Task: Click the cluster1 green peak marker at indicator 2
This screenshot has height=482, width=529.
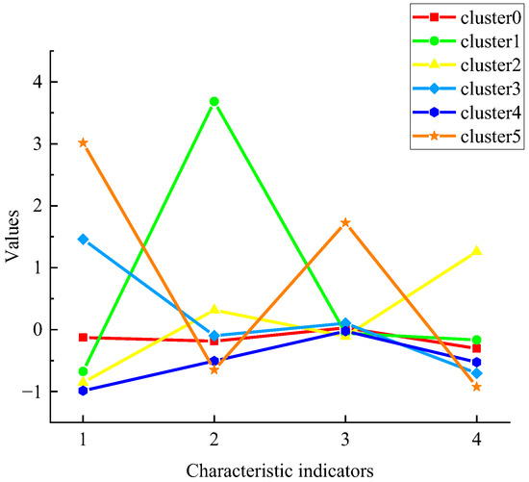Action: pyautogui.click(x=214, y=101)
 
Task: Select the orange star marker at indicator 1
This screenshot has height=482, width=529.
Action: pyautogui.click(x=83, y=142)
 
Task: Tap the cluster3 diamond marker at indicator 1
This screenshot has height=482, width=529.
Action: pyautogui.click(x=83, y=239)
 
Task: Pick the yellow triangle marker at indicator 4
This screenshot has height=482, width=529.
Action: pyautogui.click(x=476, y=251)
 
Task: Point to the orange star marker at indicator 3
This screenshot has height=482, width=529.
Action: pyautogui.click(x=345, y=222)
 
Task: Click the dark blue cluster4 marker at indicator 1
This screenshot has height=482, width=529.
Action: pyautogui.click(x=83, y=391)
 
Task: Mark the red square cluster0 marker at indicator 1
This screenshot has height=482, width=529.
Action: pyautogui.click(x=83, y=338)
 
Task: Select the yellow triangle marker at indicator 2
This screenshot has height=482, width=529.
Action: pyautogui.click(x=214, y=309)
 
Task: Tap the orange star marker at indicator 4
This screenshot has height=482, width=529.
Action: pyautogui.click(x=476, y=387)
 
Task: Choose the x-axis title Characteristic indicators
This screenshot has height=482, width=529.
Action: pyautogui.click(x=279, y=470)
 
